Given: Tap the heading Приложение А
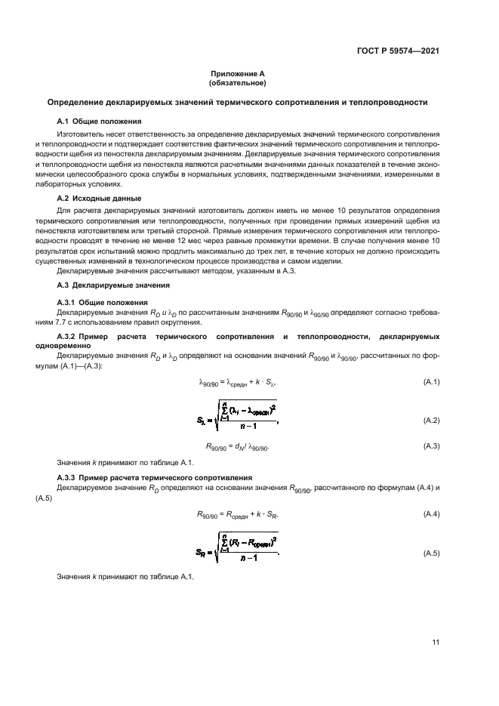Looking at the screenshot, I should (x=238, y=74).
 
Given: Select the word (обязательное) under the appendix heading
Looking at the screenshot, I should (x=238, y=83).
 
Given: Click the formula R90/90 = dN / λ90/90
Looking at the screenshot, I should (x=237, y=446).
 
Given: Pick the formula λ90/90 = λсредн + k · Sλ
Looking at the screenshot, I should (x=237, y=382).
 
